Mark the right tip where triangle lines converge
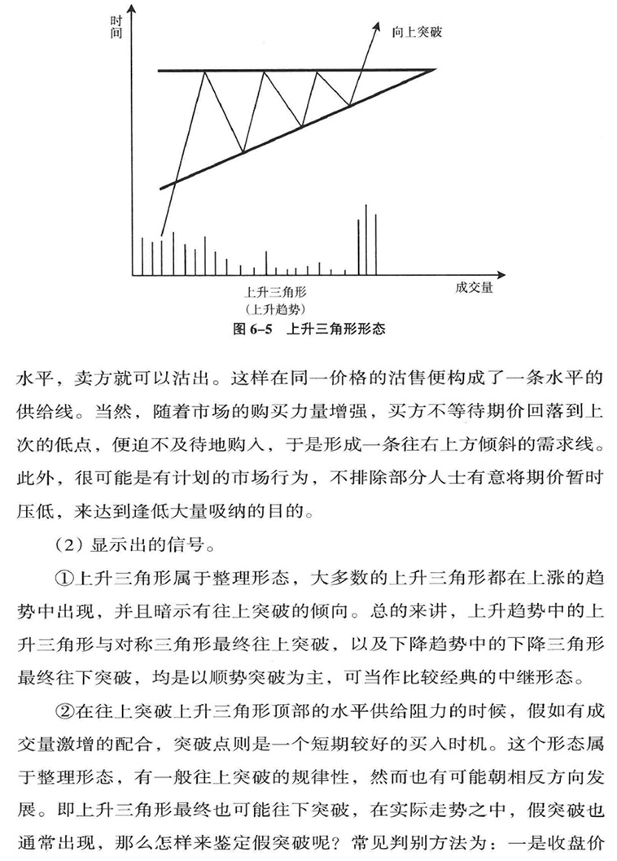[x=434, y=71]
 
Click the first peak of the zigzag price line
[x=204, y=72]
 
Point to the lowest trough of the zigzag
[x=243, y=151]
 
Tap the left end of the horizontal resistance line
[x=160, y=72]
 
